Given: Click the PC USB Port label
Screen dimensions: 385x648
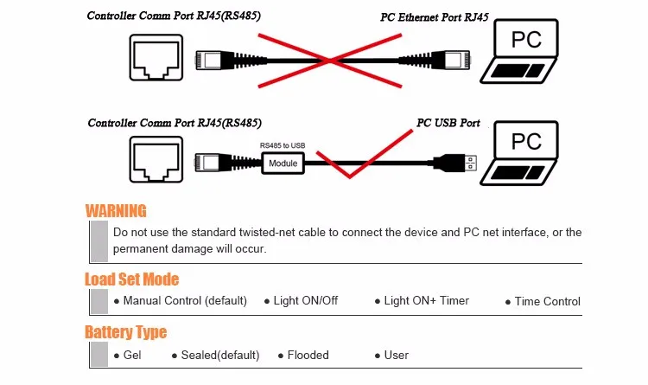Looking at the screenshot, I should [448, 123].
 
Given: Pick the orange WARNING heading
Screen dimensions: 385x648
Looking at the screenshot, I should [116, 211].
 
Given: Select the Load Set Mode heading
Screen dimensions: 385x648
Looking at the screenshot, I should [131, 279].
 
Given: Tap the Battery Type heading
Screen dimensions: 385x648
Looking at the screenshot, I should [125, 332].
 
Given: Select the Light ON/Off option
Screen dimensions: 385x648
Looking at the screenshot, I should [306, 301].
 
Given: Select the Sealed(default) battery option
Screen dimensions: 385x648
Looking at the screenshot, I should [216, 356].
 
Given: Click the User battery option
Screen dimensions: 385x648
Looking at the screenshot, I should [396, 356].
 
